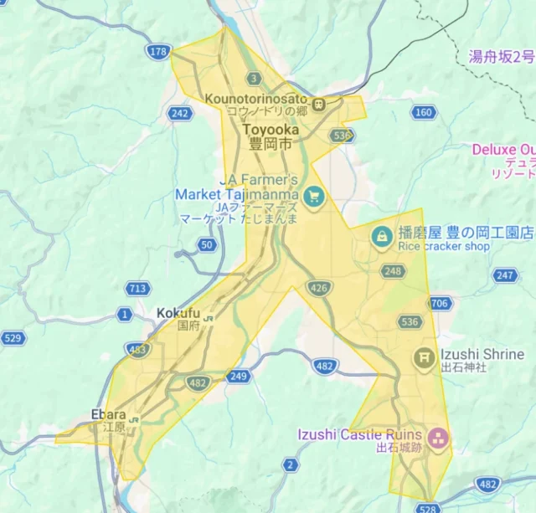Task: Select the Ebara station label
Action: (x=108, y=415)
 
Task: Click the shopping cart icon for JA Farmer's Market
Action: (x=314, y=197)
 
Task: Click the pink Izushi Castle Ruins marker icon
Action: (x=436, y=438)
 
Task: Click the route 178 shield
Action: (x=158, y=52)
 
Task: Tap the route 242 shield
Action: (x=178, y=113)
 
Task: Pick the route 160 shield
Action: (x=424, y=112)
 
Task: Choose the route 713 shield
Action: (x=139, y=289)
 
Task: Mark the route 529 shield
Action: (x=13, y=338)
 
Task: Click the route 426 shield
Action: (x=319, y=289)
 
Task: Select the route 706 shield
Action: (x=439, y=303)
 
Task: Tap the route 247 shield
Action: (x=505, y=275)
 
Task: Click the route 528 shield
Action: (x=428, y=507)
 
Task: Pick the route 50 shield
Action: (x=207, y=244)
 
